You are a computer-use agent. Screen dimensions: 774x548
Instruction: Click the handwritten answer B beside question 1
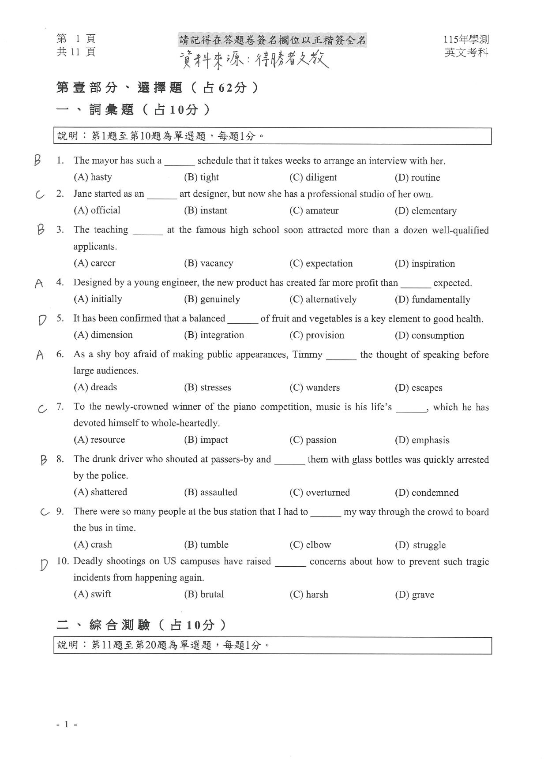(38, 161)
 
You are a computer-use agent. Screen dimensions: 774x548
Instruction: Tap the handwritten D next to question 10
(43, 565)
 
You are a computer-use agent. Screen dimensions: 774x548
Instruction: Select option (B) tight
(201, 177)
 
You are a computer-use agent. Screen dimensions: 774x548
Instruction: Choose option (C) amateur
(314, 211)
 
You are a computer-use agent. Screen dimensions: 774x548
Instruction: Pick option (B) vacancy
(208, 263)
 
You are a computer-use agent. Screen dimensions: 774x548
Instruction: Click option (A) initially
(98, 299)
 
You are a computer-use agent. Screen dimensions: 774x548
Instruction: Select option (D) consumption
(429, 336)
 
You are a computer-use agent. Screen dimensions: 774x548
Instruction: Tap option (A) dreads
(95, 387)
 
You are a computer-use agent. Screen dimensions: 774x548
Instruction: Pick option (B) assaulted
(210, 492)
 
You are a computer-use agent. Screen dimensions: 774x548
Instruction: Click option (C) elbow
(310, 545)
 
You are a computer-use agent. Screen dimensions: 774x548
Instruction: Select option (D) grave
(414, 595)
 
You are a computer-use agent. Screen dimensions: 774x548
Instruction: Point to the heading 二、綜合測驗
(141, 624)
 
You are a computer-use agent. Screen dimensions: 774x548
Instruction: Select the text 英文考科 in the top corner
(466, 52)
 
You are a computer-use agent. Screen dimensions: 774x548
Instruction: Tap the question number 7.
(60, 407)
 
